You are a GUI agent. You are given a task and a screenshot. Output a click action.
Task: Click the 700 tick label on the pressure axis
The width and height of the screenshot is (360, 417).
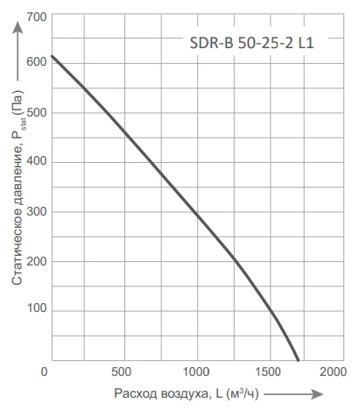pyautogui.click(x=37, y=18)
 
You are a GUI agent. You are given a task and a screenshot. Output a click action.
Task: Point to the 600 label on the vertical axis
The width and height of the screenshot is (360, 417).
pyautogui.click(x=37, y=62)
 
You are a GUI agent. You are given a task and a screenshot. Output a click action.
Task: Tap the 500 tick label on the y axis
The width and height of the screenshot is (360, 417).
pyautogui.click(x=37, y=112)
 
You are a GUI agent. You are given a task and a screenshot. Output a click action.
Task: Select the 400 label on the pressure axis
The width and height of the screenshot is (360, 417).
pyautogui.click(x=37, y=161)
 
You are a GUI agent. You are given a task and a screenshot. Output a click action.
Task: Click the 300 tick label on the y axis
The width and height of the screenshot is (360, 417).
pyautogui.click(x=37, y=211)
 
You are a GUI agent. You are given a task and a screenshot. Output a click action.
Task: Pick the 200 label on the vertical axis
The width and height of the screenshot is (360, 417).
pyautogui.click(x=37, y=261)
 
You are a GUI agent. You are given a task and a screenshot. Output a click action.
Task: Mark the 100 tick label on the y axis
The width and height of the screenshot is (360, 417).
pyautogui.click(x=37, y=307)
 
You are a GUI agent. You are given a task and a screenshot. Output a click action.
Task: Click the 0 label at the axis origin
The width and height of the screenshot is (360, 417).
pyautogui.click(x=44, y=372)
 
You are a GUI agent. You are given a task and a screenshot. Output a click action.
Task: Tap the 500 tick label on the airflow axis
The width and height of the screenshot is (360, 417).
pyautogui.click(x=121, y=372)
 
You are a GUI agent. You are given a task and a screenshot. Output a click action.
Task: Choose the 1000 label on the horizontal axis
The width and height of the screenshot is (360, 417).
pyautogui.click(x=196, y=372)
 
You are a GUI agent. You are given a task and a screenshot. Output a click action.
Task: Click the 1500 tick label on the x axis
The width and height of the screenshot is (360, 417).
pyautogui.click(x=268, y=372)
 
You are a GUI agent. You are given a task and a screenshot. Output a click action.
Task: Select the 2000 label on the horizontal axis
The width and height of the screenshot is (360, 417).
pyautogui.click(x=333, y=372)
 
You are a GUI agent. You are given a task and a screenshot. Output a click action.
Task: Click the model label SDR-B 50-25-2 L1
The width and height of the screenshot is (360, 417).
pyautogui.click(x=251, y=43)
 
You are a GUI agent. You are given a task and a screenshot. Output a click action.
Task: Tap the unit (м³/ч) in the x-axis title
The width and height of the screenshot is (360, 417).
pyautogui.click(x=243, y=394)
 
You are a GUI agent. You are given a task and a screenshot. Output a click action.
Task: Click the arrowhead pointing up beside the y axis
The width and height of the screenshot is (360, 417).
pyautogui.click(x=18, y=28)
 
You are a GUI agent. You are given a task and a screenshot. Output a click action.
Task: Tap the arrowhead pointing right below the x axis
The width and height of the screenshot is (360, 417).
pyautogui.click(x=317, y=394)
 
